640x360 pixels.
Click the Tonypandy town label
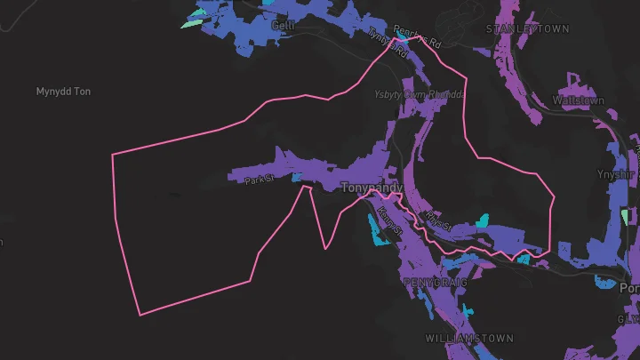tap(372, 188)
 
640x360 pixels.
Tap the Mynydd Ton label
tap(63, 92)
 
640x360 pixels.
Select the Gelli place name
tap(282, 26)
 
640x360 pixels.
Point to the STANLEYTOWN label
tap(526, 29)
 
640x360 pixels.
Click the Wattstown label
tap(579, 100)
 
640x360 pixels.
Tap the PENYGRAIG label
tap(433, 281)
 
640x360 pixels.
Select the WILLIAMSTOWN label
tap(468, 340)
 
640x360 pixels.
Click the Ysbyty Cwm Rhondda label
tap(420, 95)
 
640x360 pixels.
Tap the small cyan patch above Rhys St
tap(484, 219)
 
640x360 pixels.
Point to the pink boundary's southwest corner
tap(140, 314)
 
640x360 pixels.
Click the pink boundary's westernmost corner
tap(113, 156)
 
